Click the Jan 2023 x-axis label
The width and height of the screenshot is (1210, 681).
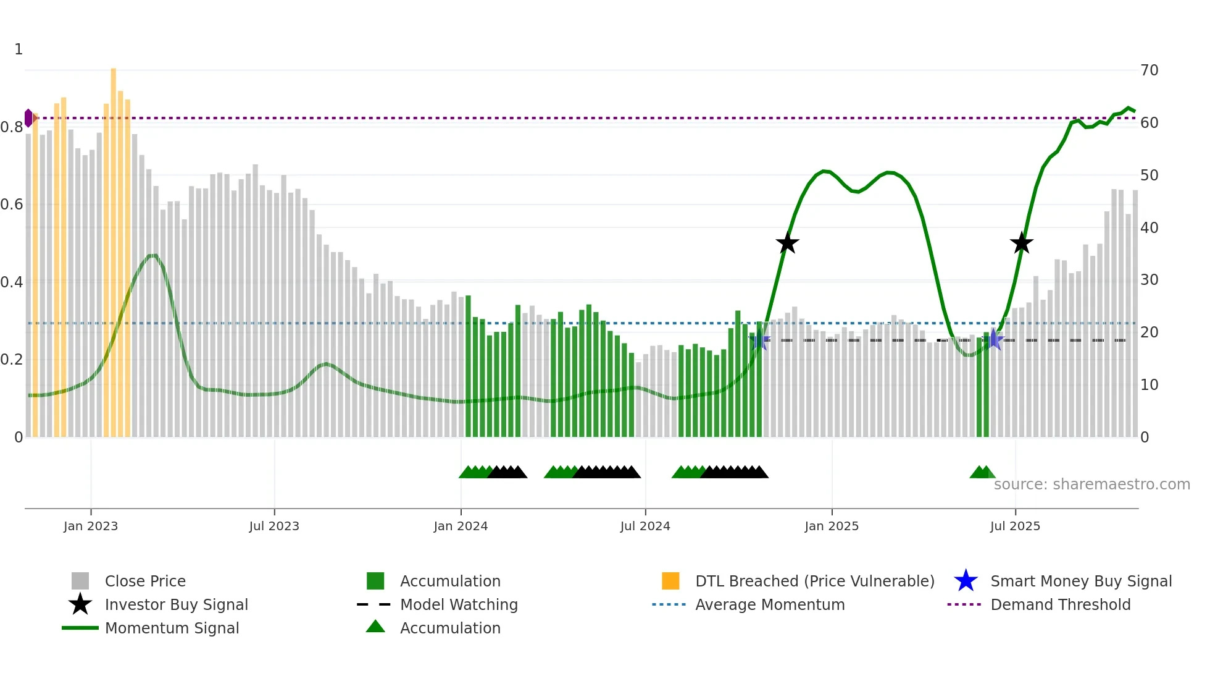coord(91,526)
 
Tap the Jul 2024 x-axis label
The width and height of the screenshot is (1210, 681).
coord(645,526)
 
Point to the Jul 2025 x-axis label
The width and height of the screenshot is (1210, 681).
coord(1015,526)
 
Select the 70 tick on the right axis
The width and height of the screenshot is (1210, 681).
coord(1149,70)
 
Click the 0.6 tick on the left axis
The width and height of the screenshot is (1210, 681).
coord(12,205)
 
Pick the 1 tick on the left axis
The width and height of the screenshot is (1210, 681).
coord(19,49)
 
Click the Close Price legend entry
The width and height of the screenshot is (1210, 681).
coord(145,581)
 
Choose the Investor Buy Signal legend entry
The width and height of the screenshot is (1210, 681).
coord(176,604)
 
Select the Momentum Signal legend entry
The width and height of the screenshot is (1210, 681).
coord(172,628)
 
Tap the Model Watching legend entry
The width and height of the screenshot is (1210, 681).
coord(459,604)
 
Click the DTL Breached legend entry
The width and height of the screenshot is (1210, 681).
coord(814,581)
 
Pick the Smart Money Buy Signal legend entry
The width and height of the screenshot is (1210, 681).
coord(1081,581)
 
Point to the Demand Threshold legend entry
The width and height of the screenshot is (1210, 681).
coord(1060,604)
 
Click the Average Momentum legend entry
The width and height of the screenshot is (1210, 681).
coord(770,604)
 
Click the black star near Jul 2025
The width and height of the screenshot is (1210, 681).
coord(1022,243)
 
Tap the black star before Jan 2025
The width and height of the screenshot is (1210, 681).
coord(787,243)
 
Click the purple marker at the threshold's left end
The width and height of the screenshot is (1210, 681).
coord(28,118)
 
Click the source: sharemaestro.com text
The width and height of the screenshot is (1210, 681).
coord(1091,484)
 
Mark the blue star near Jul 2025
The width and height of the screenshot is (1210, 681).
coord(993,339)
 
